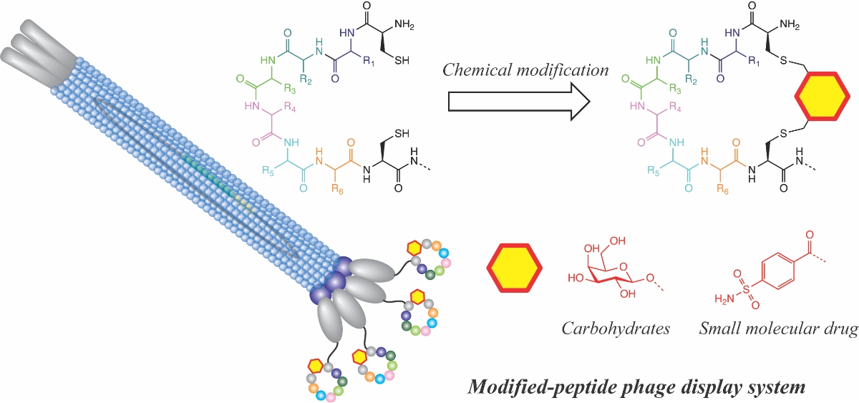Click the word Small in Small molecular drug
point(718,329)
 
